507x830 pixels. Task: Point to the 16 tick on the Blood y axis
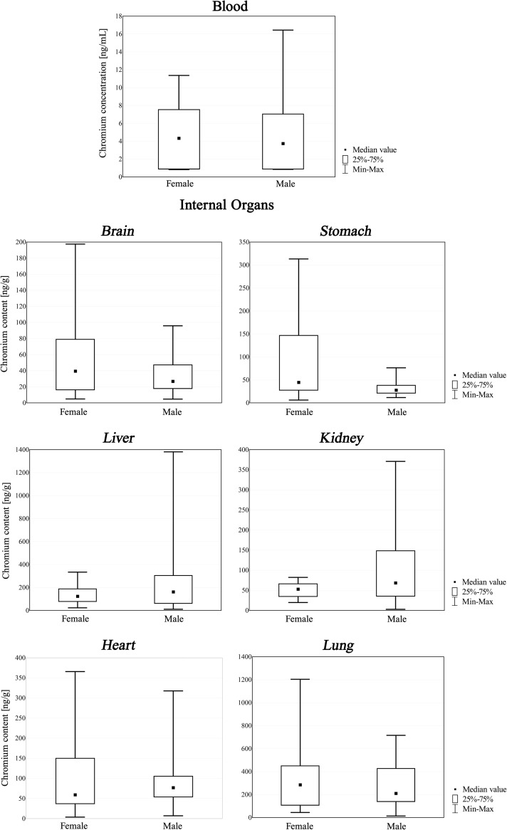point(121,33)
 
